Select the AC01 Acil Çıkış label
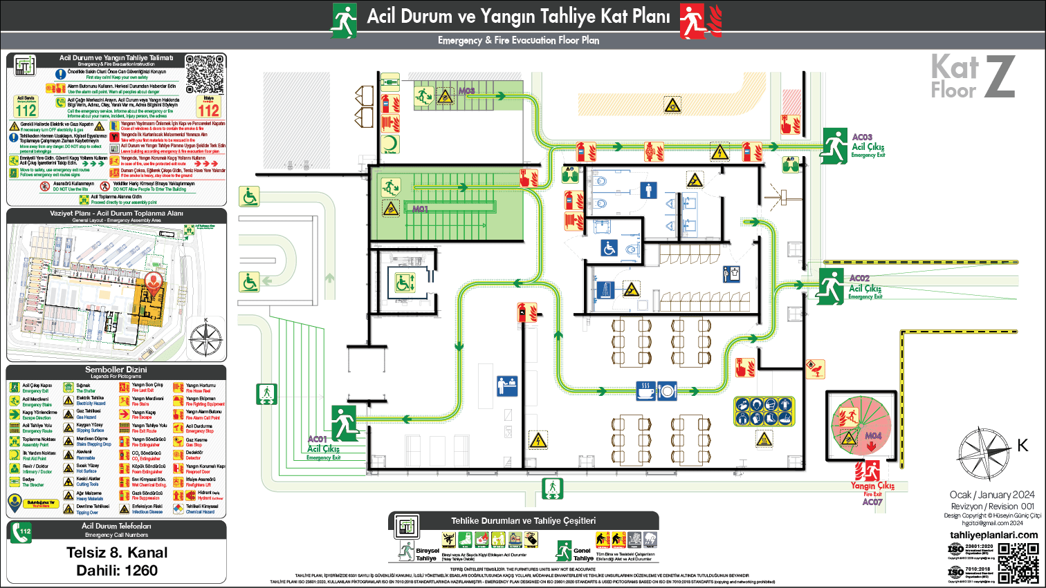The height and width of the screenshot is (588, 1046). [323, 448]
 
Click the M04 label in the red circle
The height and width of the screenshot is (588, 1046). [873, 436]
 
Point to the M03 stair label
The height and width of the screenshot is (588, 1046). [466, 91]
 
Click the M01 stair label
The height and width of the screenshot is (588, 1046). [420, 209]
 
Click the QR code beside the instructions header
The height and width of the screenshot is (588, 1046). [205, 74]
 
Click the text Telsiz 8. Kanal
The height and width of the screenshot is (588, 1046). [117, 553]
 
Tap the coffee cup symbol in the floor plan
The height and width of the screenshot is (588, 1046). [645, 391]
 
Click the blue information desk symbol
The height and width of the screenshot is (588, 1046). [507, 386]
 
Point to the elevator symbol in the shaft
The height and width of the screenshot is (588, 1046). [405, 282]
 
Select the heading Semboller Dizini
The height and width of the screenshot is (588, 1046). [116, 370]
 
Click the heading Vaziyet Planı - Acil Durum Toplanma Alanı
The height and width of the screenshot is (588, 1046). [116, 214]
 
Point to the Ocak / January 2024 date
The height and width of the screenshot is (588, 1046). [992, 495]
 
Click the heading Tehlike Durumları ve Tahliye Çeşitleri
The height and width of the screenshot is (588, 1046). [523, 521]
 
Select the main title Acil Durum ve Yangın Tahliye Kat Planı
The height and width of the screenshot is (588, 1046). [518, 17]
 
